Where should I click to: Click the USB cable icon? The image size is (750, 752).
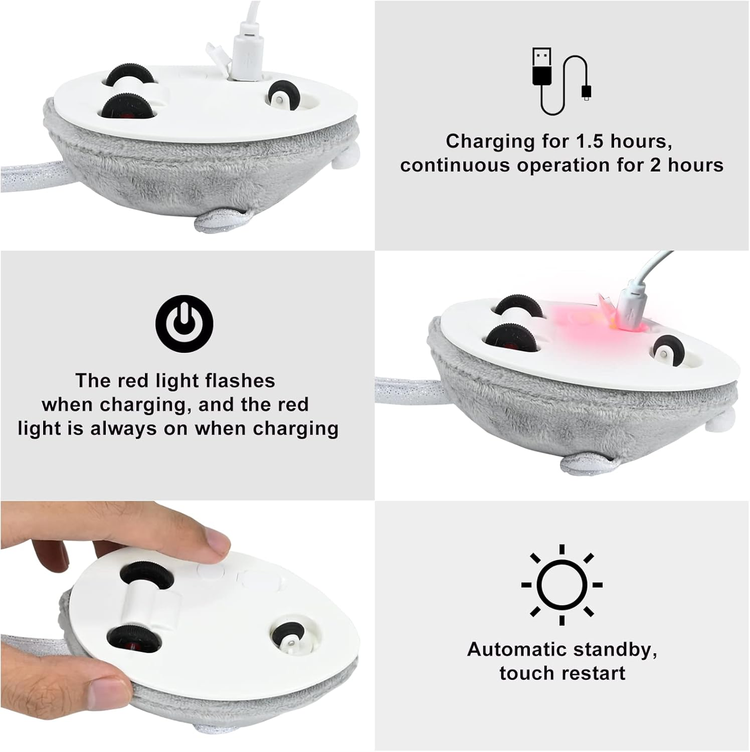pyautogui.click(x=561, y=81)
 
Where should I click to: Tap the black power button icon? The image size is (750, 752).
pyautogui.click(x=184, y=323)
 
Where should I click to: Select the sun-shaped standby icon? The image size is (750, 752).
pyautogui.click(x=561, y=585)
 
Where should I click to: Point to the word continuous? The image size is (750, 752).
pyautogui.click(x=455, y=165)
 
